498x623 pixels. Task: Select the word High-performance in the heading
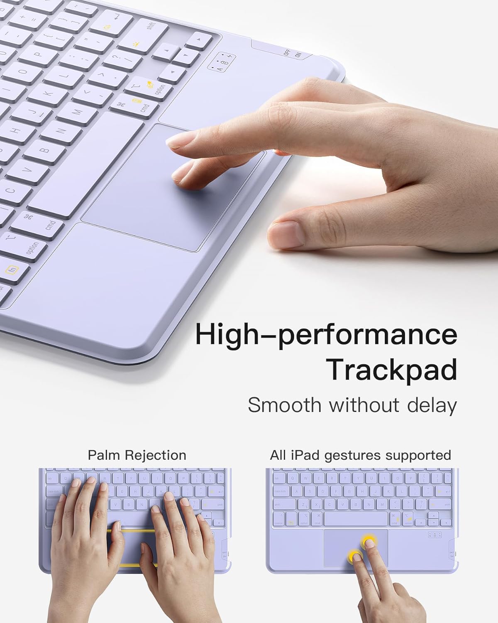(326, 334)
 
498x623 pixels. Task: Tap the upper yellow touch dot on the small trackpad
(369, 541)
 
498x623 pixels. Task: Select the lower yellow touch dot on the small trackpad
(354, 556)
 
